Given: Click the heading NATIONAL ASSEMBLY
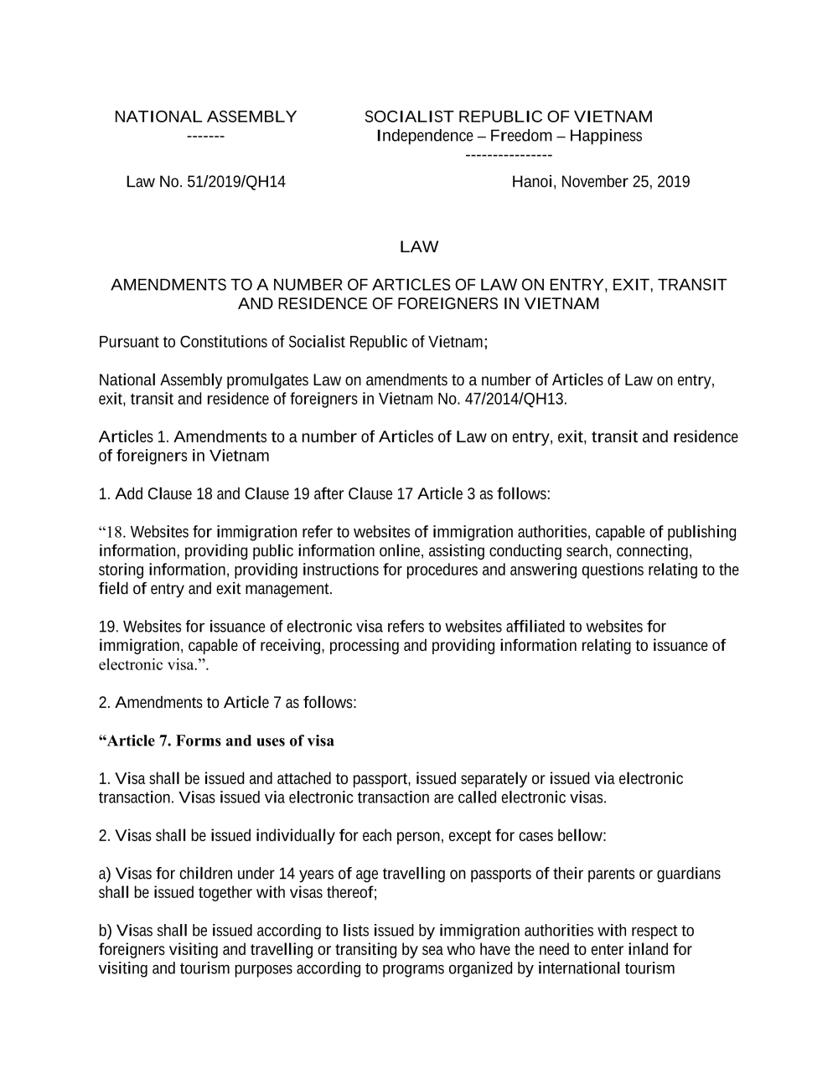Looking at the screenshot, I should click(x=205, y=116).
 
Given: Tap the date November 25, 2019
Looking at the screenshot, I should click(x=625, y=182).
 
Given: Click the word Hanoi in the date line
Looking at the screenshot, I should click(x=532, y=182).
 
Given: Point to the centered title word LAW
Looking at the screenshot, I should click(x=419, y=246).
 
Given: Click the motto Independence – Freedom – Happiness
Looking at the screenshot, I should click(x=510, y=136).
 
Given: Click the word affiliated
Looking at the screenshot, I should click(x=539, y=627).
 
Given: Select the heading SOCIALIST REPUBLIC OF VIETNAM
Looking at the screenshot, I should click(x=508, y=116).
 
